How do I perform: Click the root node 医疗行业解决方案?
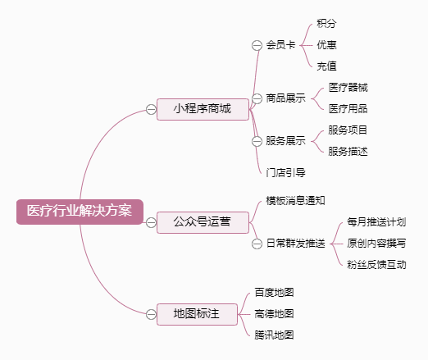(x=80, y=212)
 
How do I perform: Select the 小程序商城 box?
(x=203, y=109)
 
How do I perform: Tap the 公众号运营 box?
(x=203, y=222)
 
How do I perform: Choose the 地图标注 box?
(x=197, y=314)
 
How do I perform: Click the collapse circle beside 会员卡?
(x=257, y=45)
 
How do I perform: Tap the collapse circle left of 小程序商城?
(x=151, y=109)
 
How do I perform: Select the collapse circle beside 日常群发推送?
(x=257, y=244)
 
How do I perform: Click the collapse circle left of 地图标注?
(x=151, y=314)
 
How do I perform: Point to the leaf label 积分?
(x=326, y=24)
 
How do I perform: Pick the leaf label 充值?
(x=326, y=66)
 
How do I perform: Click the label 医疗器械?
(x=348, y=88)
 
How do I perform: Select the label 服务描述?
(x=348, y=152)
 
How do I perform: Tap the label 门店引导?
(x=286, y=173)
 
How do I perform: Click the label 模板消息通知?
(x=296, y=201)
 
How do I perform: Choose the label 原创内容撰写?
(x=376, y=244)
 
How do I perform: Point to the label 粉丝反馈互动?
(x=376, y=265)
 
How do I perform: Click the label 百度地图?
(x=274, y=293)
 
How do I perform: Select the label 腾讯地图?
(x=274, y=335)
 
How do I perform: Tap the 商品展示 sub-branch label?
(x=286, y=98)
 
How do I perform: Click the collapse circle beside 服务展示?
(x=257, y=141)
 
